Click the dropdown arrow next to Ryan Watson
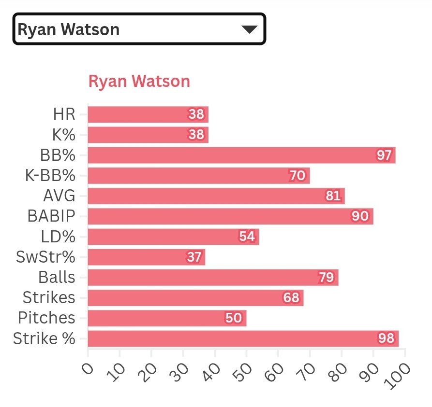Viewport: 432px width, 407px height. (x=249, y=29)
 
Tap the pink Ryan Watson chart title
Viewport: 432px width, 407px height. (x=139, y=81)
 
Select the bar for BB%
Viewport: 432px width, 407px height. (x=241, y=155)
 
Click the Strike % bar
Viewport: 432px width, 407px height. (x=243, y=338)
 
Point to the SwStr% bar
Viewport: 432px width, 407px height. (x=146, y=257)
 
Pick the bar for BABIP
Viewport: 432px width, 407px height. (x=230, y=216)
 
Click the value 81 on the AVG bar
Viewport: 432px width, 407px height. (x=333, y=196)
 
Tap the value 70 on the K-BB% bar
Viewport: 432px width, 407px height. (x=298, y=176)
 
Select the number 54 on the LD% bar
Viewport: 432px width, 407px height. (x=247, y=237)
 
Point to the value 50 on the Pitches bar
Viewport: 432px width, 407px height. (x=234, y=318)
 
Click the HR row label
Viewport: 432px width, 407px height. (x=64, y=115)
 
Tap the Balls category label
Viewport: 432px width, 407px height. (x=57, y=278)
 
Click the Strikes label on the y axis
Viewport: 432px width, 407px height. (x=49, y=298)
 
